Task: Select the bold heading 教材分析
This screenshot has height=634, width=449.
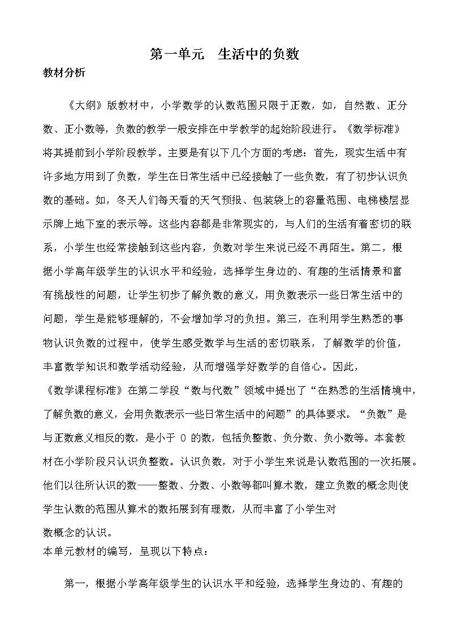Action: [x=64, y=73]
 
